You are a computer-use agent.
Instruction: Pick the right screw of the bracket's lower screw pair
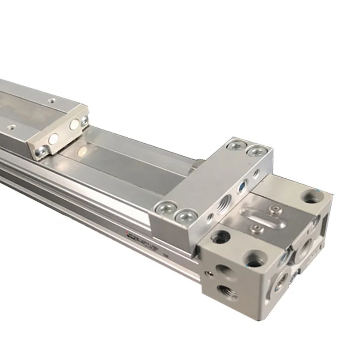click(x=184, y=216)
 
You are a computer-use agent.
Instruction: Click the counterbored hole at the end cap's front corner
click(x=253, y=258)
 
